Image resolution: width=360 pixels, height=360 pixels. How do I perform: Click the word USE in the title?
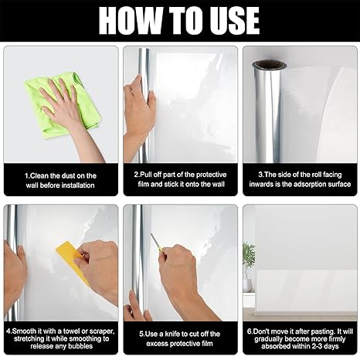click(x=233, y=21)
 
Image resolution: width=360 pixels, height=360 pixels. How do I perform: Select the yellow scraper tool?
click(x=71, y=260)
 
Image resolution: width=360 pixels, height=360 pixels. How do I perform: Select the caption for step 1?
click(x=60, y=180)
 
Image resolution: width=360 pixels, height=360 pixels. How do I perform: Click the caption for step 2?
click(x=180, y=180)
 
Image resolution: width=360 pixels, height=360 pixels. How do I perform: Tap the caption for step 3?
click(x=300, y=180)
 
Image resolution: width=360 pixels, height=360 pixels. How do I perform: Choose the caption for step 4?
click(x=60, y=338)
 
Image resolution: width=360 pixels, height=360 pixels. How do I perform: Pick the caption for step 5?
click(x=180, y=338)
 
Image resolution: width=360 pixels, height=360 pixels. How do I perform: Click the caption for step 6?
click(x=300, y=338)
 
